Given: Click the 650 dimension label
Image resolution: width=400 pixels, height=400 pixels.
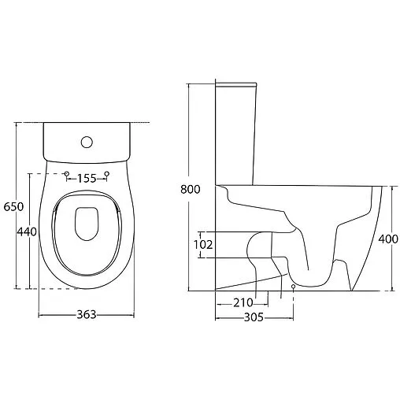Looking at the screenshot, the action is pyautogui.click(x=13, y=207).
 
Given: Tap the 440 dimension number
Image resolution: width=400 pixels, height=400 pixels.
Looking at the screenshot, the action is pyautogui.click(x=27, y=231).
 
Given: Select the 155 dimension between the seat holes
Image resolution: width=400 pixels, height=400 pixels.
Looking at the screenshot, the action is pyautogui.click(x=87, y=179).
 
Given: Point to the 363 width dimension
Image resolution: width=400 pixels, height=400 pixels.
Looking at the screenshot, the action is pyautogui.click(x=87, y=314).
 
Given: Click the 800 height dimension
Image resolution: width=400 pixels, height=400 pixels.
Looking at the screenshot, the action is pyautogui.click(x=191, y=189).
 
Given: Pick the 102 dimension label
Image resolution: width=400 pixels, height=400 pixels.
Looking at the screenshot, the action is pyautogui.click(x=203, y=245).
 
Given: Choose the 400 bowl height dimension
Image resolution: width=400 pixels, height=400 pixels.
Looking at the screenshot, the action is pyautogui.click(x=388, y=239).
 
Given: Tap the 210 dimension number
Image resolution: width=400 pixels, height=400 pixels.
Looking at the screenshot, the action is pyautogui.click(x=243, y=302).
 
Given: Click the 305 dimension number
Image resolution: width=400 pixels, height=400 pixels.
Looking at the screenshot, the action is pyautogui.click(x=254, y=317).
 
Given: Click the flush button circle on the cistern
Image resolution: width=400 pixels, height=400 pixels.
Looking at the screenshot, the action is pyautogui.click(x=87, y=142).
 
